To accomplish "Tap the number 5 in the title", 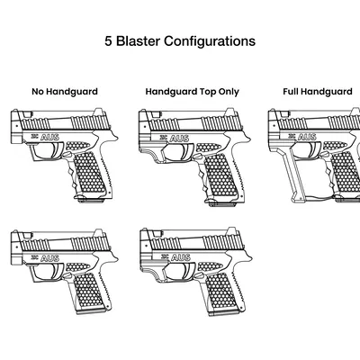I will click(108, 41).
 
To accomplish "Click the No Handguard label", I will click(64, 91).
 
